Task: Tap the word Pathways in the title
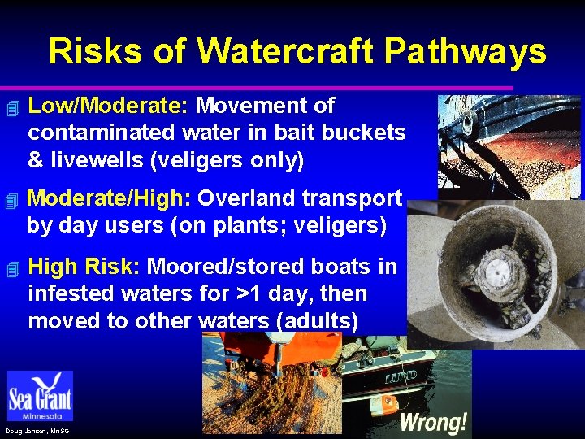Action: pyautogui.click(x=466, y=51)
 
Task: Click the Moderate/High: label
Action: pyautogui.click(x=109, y=199)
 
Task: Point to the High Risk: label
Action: pyautogui.click(x=84, y=267)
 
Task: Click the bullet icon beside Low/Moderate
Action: pyautogui.click(x=11, y=107)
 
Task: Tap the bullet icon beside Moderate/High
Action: pyautogui.click(x=11, y=200)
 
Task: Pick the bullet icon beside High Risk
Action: pyautogui.click(x=11, y=267)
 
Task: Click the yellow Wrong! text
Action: pyautogui.click(x=434, y=421)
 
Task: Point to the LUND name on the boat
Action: pyautogui.click(x=401, y=376)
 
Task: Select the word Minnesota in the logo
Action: pyautogui.click(x=40, y=415)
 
